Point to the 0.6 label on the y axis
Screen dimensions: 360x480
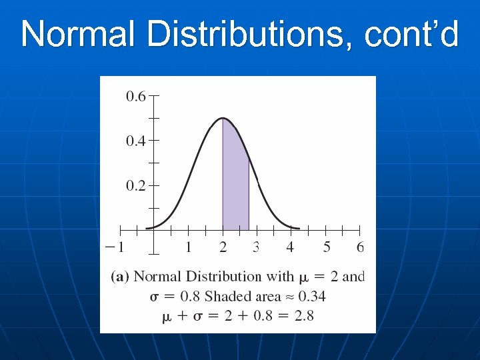(x=136, y=97)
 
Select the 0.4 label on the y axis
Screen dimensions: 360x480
(x=136, y=141)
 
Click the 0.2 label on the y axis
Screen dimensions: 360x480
(x=136, y=186)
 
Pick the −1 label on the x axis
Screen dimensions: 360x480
(x=115, y=247)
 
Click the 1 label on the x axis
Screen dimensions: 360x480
(x=189, y=247)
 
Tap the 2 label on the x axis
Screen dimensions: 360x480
(x=223, y=247)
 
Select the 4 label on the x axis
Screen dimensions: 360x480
(x=290, y=247)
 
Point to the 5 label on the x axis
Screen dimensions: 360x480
(x=327, y=247)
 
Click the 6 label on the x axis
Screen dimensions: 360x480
(x=361, y=247)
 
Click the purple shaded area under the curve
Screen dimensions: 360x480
(x=235, y=187)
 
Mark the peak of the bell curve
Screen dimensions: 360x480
(x=223, y=119)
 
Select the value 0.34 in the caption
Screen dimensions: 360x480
(x=311, y=297)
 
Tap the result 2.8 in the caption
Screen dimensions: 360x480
(x=303, y=316)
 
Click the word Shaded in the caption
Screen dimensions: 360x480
(x=230, y=297)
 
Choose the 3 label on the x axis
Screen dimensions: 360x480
(x=256, y=247)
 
